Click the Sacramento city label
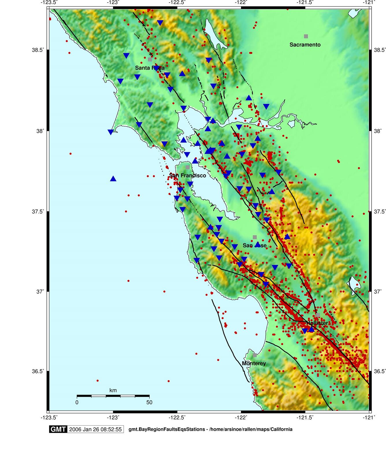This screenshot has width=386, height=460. (x=305, y=45)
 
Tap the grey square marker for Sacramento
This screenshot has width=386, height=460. (x=306, y=36)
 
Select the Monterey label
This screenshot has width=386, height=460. (x=254, y=363)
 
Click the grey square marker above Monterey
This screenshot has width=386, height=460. (x=255, y=355)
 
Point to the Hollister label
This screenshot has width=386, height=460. (x=317, y=323)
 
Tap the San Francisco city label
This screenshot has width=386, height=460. (x=188, y=176)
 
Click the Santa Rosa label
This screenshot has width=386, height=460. (x=150, y=68)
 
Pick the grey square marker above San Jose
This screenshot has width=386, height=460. (x=255, y=237)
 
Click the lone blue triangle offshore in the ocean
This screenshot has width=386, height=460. (x=113, y=179)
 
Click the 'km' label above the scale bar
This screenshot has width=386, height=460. (x=113, y=391)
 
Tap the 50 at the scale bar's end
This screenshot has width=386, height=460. (x=149, y=402)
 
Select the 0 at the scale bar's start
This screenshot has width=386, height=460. (x=77, y=402)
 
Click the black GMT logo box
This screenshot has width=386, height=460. (x=58, y=429)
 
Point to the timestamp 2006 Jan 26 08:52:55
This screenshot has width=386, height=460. (x=95, y=429)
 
